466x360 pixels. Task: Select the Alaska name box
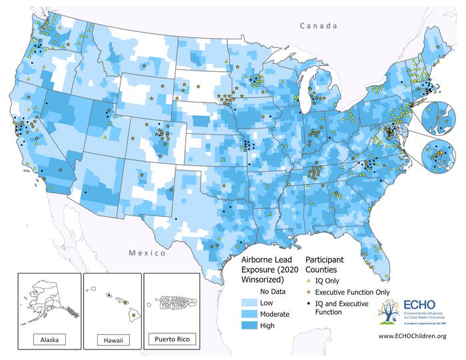click(x=49, y=339)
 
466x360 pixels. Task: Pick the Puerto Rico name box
click(x=172, y=339)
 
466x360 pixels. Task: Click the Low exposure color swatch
click(x=248, y=301)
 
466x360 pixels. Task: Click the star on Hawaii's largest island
click(x=133, y=313)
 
